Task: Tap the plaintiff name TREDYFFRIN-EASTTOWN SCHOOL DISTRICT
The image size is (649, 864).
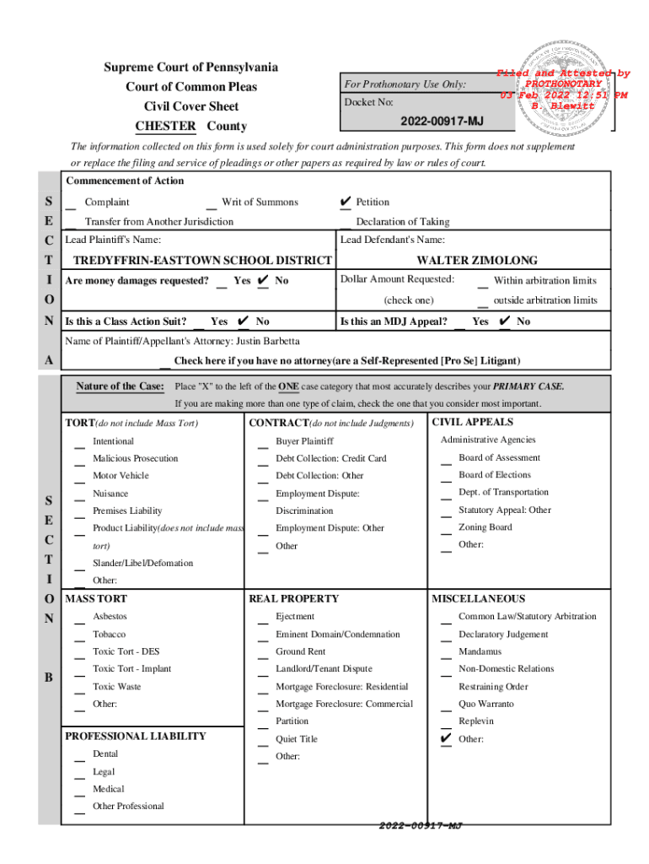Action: point(201,260)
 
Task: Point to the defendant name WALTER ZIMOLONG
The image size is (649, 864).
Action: point(477,260)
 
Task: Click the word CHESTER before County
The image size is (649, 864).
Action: point(165,127)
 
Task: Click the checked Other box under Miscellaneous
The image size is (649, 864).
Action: point(446,739)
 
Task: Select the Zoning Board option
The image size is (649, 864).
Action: point(485,527)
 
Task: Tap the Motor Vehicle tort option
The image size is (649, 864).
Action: point(121,476)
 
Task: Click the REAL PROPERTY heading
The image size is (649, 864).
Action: point(293,598)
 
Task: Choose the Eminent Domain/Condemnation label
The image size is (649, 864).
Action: point(337,634)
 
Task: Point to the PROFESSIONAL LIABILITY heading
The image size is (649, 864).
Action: point(136,736)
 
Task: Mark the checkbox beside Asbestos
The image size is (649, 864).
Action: point(78,619)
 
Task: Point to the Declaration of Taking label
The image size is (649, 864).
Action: point(402,222)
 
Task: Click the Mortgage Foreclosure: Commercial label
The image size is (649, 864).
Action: point(344,704)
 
